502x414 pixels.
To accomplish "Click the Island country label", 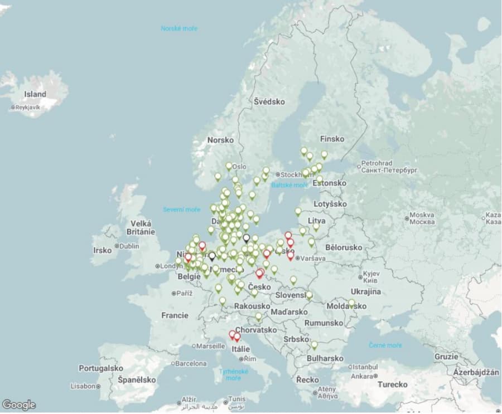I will click(x=35, y=94).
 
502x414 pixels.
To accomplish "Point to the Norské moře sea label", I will click(x=179, y=28).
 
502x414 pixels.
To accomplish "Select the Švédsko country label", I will click(x=269, y=101).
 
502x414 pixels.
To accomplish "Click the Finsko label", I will click(x=332, y=139).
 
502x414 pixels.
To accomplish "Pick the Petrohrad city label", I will click(x=377, y=164).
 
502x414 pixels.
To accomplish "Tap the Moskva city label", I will click(x=422, y=215).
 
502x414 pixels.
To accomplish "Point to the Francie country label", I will click(x=175, y=315).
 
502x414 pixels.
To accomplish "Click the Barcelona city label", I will click(x=191, y=363).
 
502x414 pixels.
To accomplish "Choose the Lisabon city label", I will click(x=83, y=386).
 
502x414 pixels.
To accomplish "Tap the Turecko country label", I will click(x=392, y=384).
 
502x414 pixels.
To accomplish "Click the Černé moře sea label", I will click(x=385, y=345).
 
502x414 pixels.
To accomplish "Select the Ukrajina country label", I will click(x=366, y=291).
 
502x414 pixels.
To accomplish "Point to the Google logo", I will click(x=18, y=405).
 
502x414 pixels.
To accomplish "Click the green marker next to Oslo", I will click(x=229, y=166).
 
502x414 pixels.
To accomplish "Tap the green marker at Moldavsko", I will click(x=351, y=304).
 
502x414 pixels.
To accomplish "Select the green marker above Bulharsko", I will click(x=314, y=345).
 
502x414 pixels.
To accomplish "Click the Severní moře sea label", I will click(x=182, y=210).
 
